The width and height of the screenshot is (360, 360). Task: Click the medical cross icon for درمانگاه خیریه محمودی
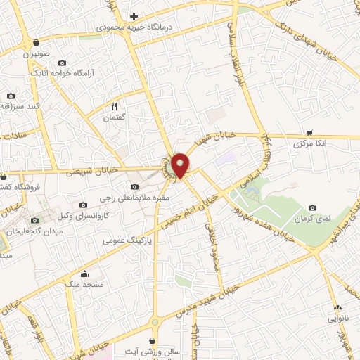tap(134, 15)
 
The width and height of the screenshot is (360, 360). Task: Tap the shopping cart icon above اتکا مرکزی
tap(310, 131)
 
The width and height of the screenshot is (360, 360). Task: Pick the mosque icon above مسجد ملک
tap(85, 274)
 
